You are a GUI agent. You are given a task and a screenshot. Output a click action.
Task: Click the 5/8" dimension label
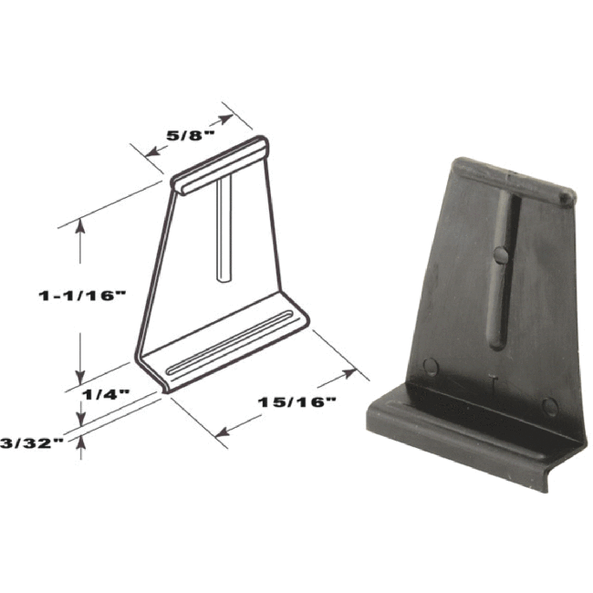click(x=190, y=134)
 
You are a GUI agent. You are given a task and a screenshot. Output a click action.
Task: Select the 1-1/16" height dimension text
click(x=80, y=296)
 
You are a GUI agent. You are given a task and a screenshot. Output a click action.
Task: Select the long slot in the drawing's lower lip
click(x=233, y=342)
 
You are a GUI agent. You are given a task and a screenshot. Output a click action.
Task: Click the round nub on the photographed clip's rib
click(x=501, y=255)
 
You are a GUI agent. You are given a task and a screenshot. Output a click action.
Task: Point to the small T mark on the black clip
click(x=493, y=382)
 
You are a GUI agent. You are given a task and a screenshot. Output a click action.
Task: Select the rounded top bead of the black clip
click(x=511, y=178)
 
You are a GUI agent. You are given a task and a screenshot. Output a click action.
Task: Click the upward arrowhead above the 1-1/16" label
click(x=80, y=228)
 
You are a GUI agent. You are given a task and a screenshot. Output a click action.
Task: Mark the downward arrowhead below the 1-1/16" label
click(x=80, y=376)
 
